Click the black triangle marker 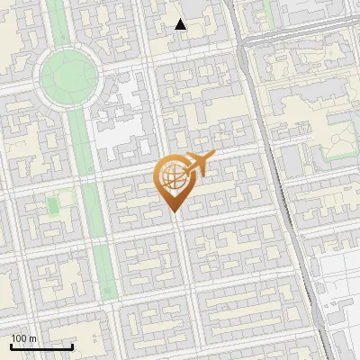[x=181, y=24]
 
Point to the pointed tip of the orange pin [x=172, y=211]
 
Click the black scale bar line [x=41, y=346]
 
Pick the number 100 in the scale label [x=19, y=338]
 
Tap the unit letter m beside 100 [x=31, y=338]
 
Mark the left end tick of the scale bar [x=11, y=345]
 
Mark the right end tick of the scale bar [x=72, y=345]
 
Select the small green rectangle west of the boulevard [x=52, y=207]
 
